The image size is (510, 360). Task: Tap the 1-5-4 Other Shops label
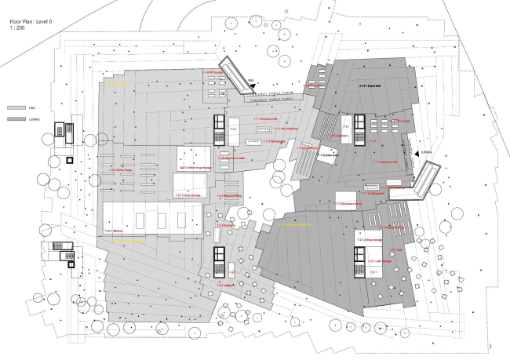[123, 169]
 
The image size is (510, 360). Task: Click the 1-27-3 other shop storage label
[193, 168]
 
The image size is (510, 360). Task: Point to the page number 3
[490, 346]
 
